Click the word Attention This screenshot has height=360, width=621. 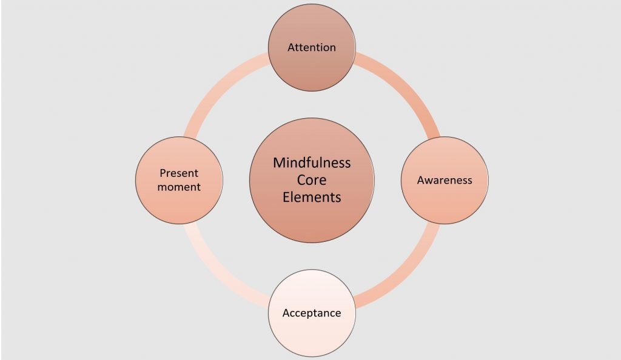312,47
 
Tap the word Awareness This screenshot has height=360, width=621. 445,181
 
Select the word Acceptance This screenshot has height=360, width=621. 312,313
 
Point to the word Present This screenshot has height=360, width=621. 179,173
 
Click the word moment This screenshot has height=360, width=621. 179,187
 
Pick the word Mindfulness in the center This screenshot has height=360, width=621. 312,162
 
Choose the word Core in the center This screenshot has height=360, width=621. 312,180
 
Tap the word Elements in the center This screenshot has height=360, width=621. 312,197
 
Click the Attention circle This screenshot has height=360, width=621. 312,47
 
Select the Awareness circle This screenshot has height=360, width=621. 445,181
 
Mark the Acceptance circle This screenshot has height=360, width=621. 312,313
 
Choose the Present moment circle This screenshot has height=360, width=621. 179,181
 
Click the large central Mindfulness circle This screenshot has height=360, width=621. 312,181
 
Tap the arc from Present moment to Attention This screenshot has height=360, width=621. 218,87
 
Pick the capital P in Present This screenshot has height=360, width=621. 163,173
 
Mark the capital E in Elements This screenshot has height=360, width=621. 286,197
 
